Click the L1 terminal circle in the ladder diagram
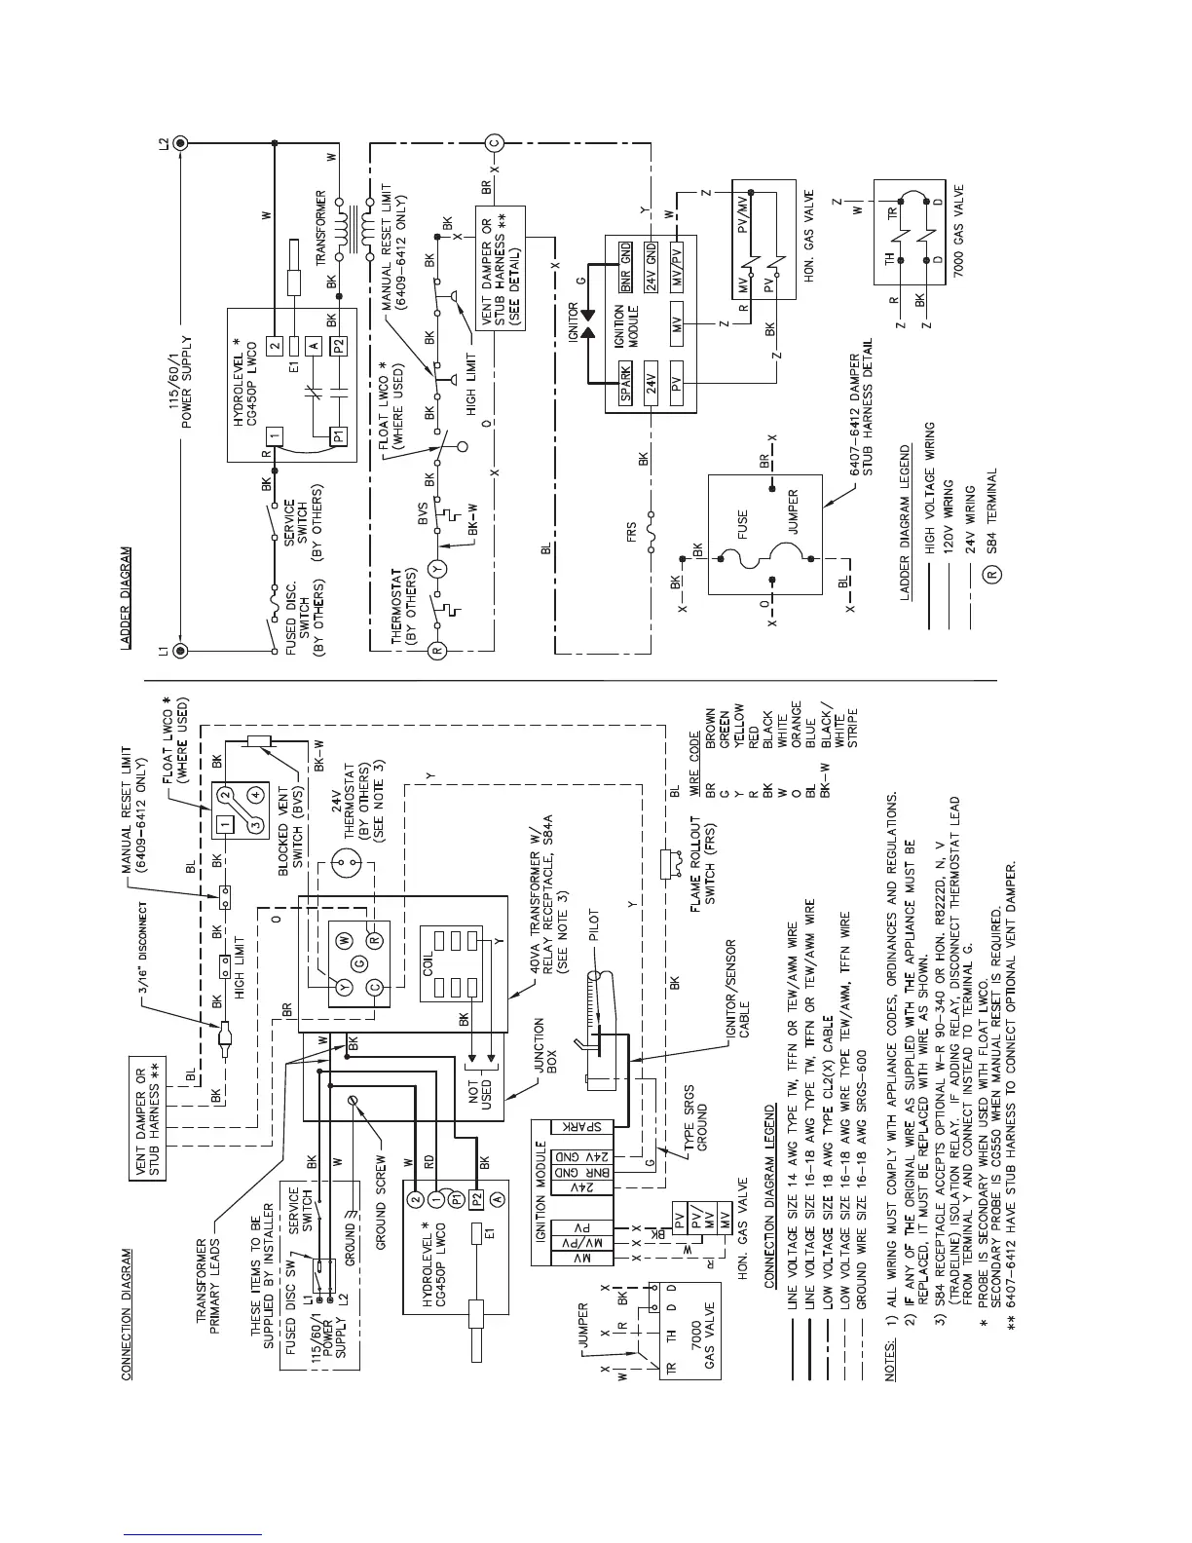(178, 649)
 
